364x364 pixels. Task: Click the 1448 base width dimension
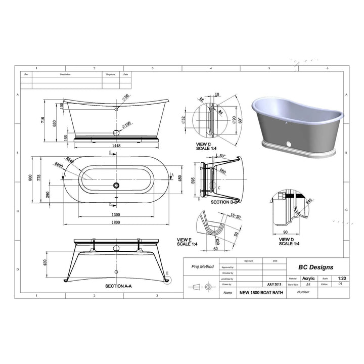(x=116, y=146)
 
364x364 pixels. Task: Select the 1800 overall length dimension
(x=116, y=222)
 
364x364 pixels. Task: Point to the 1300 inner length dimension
(x=116, y=214)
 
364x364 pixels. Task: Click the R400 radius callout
(x=59, y=164)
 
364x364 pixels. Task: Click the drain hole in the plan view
(x=117, y=185)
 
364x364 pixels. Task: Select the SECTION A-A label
(x=119, y=286)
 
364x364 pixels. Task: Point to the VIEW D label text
(x=286, y=240)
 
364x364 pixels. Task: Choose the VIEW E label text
(x=184, y=240)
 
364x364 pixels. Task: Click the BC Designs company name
(x=316, y=267)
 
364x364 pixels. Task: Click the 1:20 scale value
(x=342, y=278)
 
